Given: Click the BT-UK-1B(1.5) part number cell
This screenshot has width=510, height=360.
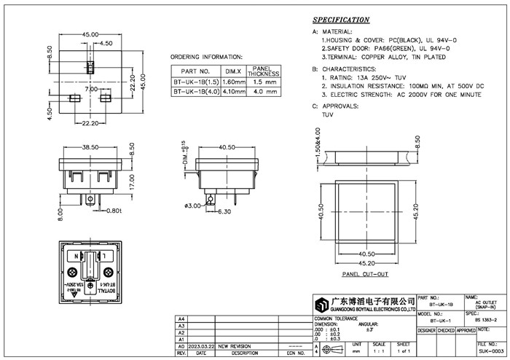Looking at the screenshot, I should [x=194, y=82].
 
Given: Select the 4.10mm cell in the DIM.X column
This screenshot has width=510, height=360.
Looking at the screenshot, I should [x=233, y=92].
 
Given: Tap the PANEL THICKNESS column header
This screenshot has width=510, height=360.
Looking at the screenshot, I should [x=262, y=71].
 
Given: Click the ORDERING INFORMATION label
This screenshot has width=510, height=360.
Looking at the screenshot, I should [x=206, y=56].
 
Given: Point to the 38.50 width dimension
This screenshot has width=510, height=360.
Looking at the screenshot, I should [x=90, y=146].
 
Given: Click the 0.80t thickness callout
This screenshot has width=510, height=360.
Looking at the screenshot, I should [x=112, y=211].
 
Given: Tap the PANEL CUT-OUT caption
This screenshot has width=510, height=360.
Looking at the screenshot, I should [x=364, y=274].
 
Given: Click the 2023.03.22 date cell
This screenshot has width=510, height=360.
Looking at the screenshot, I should [x=201, y=346].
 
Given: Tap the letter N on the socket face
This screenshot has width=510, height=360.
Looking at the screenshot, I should [x=76, y=257].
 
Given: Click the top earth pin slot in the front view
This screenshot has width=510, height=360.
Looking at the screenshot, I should [x=90, y=69].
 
